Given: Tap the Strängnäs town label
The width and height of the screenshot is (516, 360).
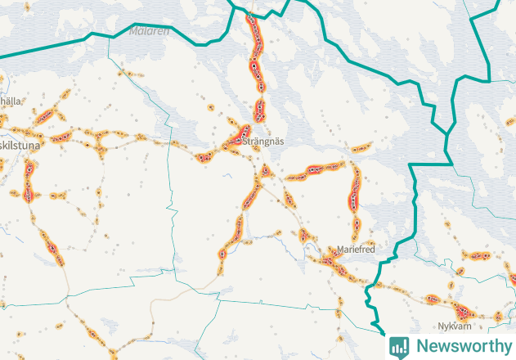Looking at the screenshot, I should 263,141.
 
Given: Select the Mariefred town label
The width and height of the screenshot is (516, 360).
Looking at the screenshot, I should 356,249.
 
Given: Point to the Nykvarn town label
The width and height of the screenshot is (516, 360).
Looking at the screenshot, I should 455,326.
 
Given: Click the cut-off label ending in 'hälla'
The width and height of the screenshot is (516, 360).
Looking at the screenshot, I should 11,101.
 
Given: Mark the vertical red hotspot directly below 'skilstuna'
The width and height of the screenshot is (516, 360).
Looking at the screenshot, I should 29,181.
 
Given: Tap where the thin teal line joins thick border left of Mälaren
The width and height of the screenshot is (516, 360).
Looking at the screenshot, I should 109,37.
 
